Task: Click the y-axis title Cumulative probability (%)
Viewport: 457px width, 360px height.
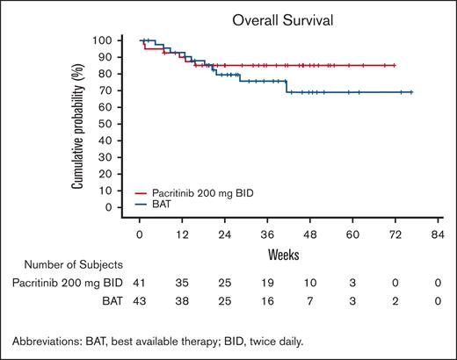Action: [x=78, y=126]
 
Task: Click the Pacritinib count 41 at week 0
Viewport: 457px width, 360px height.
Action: [x=140, y=282]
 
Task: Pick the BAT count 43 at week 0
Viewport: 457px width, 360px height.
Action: [x=140, y=300]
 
